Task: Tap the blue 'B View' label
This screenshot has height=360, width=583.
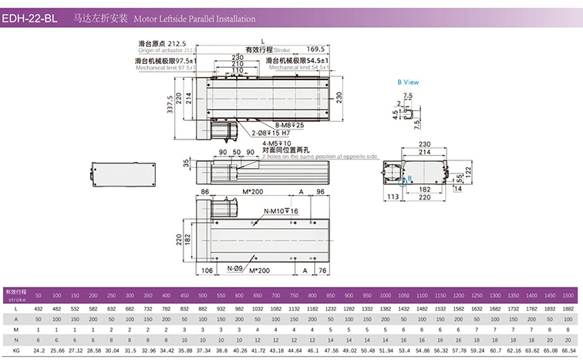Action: tap(407, 81)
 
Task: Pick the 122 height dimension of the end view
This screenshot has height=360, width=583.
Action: tap(467, 169)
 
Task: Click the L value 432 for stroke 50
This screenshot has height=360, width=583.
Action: tap(38, 308)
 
